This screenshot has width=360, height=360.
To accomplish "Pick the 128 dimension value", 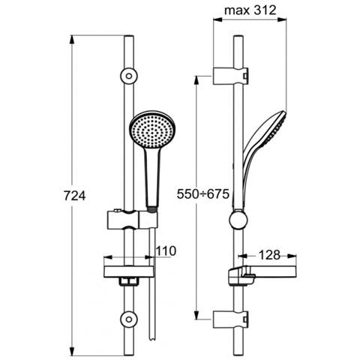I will pyautogui.click(x=268, y=254).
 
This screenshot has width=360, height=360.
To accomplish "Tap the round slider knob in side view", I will pyautogui.click(x=238, y=221).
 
